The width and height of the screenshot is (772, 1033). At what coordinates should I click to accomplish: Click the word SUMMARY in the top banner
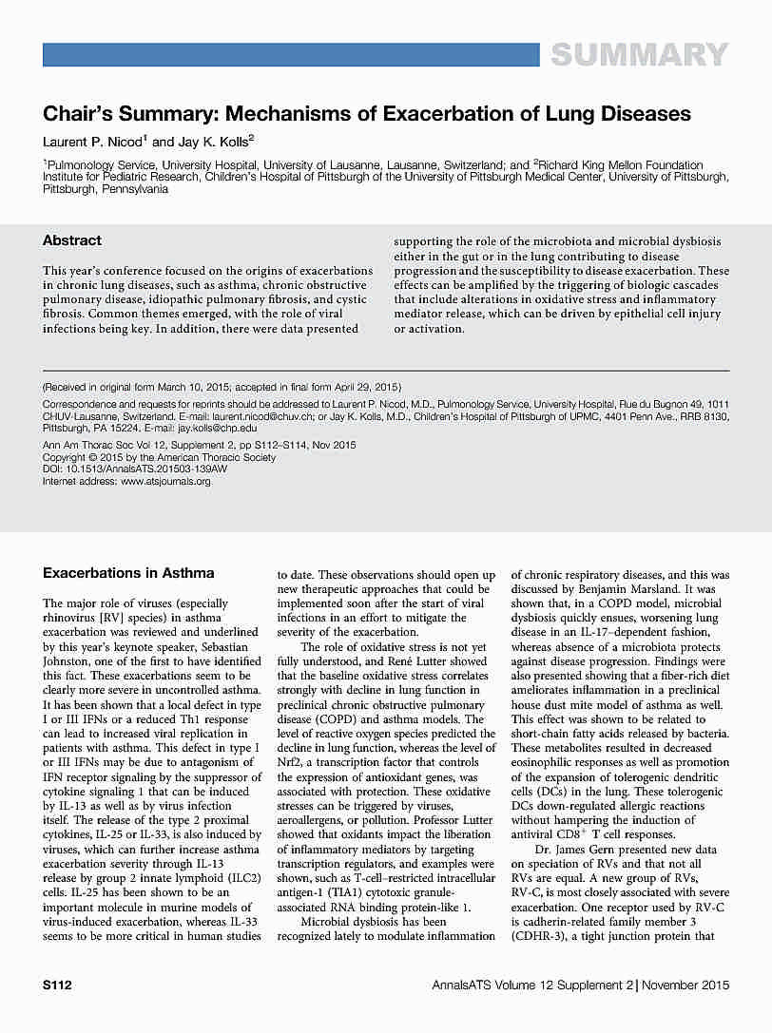coord(639,55)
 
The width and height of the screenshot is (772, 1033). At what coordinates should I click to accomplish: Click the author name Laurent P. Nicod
coord(92,142)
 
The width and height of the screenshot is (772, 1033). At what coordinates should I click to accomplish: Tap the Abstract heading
coord(72,240)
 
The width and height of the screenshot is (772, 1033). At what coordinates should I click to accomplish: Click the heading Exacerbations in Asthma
coord(128,572)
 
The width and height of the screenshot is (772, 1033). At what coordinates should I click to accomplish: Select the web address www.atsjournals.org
coord(166,482)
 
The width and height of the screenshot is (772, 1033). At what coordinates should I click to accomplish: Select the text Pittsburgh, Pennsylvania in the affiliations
coord(106,189)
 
